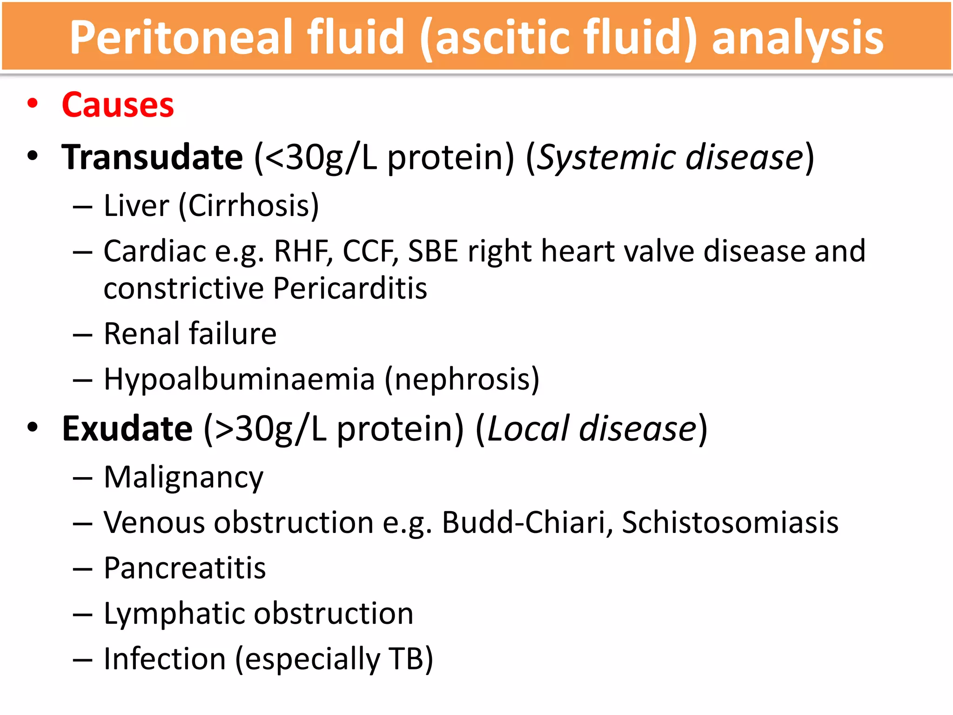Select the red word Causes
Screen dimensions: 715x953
coord(118,105)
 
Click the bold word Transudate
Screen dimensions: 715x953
coord(152,157)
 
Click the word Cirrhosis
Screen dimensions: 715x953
coord(249,206)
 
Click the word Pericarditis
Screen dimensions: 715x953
coord(350,288)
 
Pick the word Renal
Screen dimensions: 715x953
coord(142,334)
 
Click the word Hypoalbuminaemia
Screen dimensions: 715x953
coord(239,379)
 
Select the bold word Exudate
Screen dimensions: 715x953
coord(127,429)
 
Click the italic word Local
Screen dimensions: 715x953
coord(528,429)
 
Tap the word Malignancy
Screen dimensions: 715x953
coord(183,478)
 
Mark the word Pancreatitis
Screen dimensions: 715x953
coord(185,568)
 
